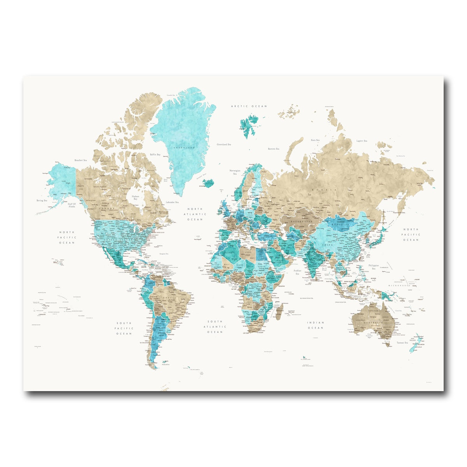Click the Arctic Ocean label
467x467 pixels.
pyautogui.click(x=249, y=106)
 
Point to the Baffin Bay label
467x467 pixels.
pyautogui.click(x=155, y=154)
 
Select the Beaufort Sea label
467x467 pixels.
pyautogui.click(x=81, y=160)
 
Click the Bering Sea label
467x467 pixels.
pyautogui.click(x=42, y=200)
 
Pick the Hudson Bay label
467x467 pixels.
pyautogui.click(x=135, y=197)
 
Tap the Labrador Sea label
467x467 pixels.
pyautogui.click(x=172, y=202)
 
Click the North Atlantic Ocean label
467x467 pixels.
pyautogui.click(x=195, y=214)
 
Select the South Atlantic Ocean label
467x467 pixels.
pyautogui.click(x=214, y=327)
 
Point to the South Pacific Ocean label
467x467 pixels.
pyautogui.click(x=123, y=328)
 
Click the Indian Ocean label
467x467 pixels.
pyautogui.click(x=316, y=325)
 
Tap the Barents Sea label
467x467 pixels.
pyautogui.click(x=274, y=149)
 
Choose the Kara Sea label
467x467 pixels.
pyautogui.click(x=315, y=140)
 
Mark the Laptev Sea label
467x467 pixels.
pyautogui.click(x=362, y=140)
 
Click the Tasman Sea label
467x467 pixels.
pyautogui.click(x=402, y=342)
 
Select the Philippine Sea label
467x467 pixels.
pyautogui.click(x=374, y=267)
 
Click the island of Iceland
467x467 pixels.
pyautogui.click(x=209, y=183)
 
